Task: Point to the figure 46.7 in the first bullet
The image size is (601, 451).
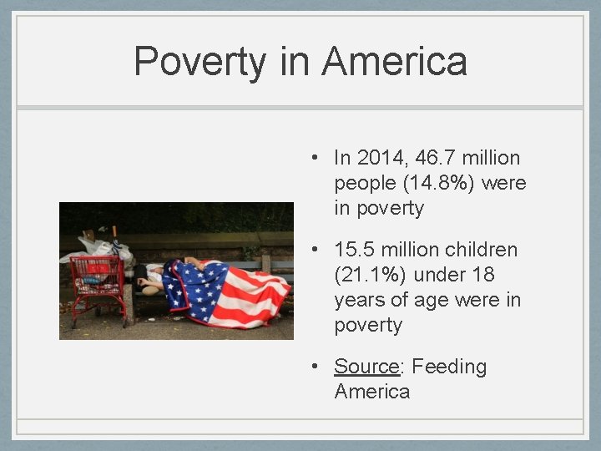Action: point(438,158)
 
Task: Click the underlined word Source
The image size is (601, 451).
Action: point(367,367)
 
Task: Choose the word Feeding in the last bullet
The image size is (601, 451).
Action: point(449,367)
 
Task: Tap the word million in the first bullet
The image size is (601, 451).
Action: point(492,158)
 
